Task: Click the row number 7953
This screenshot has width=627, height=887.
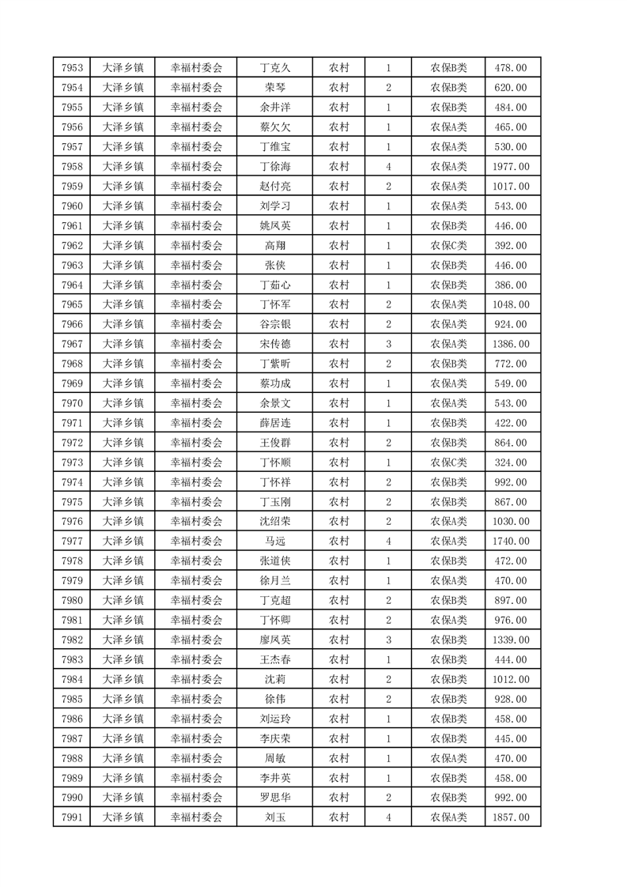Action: pos(72,68)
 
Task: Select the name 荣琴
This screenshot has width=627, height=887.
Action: pos(274,88)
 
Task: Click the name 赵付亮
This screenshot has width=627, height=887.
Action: pos(274,187)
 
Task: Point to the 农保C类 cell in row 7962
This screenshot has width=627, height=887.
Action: pos(448,245)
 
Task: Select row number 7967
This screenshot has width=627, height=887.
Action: pos(72,344)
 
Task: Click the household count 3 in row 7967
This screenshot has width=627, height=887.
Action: pos(388,344)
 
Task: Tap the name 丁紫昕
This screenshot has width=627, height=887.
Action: pos(274,364)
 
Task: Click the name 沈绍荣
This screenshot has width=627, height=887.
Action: pos(274,521)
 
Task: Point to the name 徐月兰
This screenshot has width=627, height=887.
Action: pos(274,580)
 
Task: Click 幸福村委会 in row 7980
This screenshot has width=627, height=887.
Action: pos(197,600)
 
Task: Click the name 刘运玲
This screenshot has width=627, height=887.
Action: pos(274,719)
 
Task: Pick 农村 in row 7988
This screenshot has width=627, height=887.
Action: pos(339,757)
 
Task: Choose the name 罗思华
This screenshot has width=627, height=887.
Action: pos(274,797)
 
